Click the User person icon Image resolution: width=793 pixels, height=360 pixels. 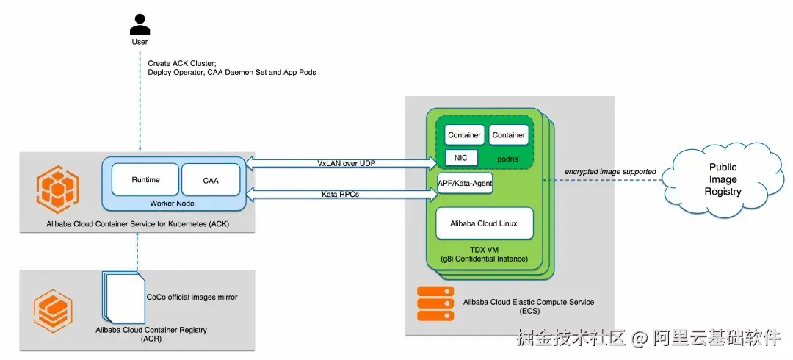[x=140, y=25]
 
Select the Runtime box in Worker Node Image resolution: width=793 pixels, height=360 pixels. [x=145, y=180]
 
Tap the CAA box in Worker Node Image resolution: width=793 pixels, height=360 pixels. [x=210, y=180]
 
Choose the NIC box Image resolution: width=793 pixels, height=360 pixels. [x=461, y=157]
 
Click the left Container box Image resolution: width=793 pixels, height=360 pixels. [x=465, y=135]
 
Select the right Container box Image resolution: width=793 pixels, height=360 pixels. [x=509, y=135]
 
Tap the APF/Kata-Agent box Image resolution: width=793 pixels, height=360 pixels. [x=464, y=182]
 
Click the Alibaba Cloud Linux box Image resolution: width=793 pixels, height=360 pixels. [x=484, y=223]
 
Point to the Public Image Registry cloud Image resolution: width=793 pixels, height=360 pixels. [x=723, y=179]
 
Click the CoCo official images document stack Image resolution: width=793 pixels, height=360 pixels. [x=123, y=296]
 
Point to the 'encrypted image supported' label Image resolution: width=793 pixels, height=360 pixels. [x=610, y=172]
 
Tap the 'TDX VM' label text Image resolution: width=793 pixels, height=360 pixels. [x=484, y=250]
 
